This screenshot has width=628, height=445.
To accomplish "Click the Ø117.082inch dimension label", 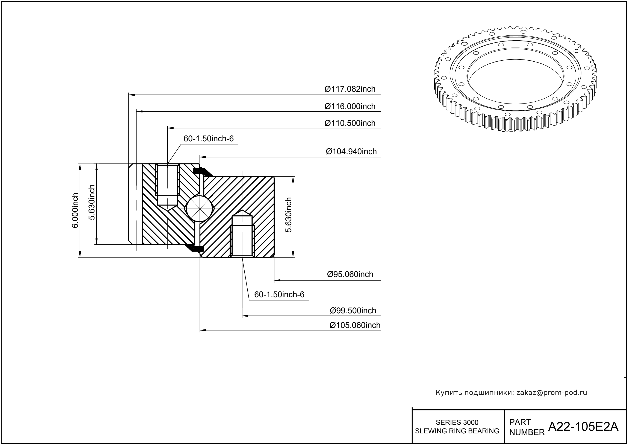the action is point(350,89).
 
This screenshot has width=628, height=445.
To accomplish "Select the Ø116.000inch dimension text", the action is point(350,106).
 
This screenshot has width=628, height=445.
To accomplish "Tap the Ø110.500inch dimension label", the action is point(350,123).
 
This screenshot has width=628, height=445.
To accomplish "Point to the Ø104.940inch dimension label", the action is point(351,152).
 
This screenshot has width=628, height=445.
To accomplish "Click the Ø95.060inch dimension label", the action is point(350,274).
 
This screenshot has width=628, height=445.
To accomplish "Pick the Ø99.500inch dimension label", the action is point(353,311).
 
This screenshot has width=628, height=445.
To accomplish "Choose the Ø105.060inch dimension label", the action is point(355,325).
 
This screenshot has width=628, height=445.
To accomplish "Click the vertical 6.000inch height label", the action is point(75,210).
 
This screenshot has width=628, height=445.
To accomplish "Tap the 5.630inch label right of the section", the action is point(289,215).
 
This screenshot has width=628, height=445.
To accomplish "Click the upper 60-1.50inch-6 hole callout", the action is point(209,139).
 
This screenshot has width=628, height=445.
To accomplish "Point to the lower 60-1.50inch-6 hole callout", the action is point(279,295).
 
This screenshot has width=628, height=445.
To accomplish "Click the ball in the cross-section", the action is point(200,209).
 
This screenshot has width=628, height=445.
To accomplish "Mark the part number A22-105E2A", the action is point(583,426).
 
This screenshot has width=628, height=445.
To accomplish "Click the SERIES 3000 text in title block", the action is point(457,422).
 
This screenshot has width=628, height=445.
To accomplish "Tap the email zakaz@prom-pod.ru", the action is point(552,393).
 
